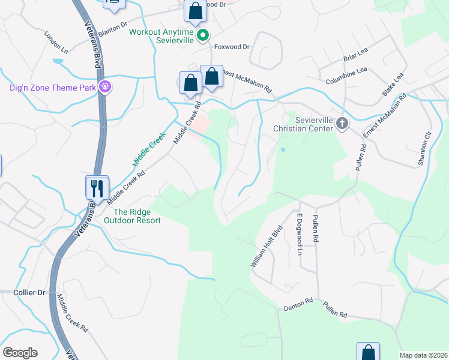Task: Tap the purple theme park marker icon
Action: click(x=106, y=87)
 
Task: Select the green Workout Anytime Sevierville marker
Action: click(x=203, y=35)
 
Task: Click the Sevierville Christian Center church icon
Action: click(x=342, y=124)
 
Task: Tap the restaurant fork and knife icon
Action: click(x=96, y=188)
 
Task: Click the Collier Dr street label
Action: click(x=29, y=292)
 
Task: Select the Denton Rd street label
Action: click(x=298, y=304)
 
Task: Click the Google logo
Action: click(x=20, y=353)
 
